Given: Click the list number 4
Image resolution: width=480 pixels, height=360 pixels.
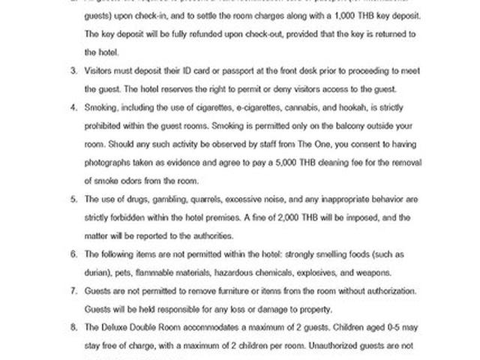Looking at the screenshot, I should [74, 107].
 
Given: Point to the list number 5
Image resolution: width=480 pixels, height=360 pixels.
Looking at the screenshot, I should [74, 199].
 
